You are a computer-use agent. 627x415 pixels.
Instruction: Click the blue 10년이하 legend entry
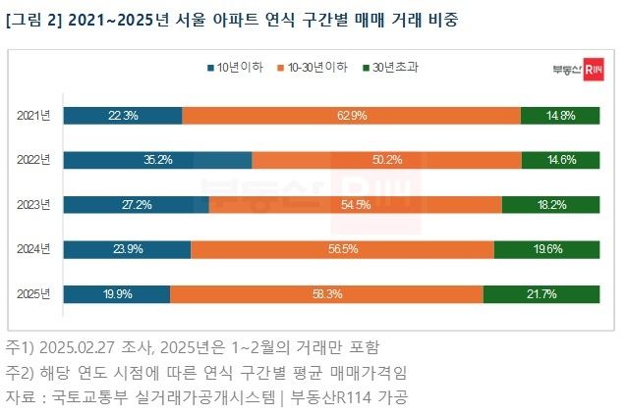236,69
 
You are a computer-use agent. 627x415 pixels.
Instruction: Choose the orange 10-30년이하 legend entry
313,69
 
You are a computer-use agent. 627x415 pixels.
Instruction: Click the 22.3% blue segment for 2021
123,116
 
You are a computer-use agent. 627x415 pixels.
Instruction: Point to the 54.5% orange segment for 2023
355,204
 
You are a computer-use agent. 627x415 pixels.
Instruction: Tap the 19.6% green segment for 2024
547,249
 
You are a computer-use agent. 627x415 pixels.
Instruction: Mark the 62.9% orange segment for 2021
351,116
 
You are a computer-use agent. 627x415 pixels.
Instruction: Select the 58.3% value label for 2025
327,293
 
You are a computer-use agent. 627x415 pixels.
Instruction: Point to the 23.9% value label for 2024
128,249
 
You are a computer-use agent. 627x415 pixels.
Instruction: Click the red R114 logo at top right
593,71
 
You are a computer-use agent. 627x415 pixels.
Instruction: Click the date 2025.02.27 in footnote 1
92,347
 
